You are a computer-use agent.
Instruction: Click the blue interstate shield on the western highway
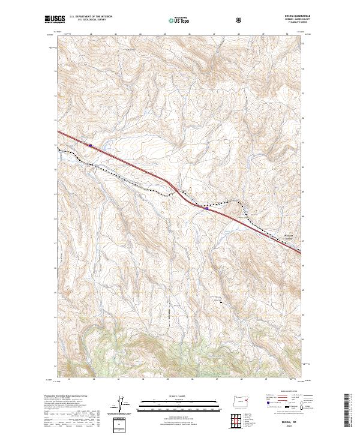[x=90, y=145]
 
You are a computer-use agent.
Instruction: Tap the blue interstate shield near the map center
[x=206, y=209]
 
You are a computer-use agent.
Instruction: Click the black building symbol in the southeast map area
[x=220, y=301]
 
